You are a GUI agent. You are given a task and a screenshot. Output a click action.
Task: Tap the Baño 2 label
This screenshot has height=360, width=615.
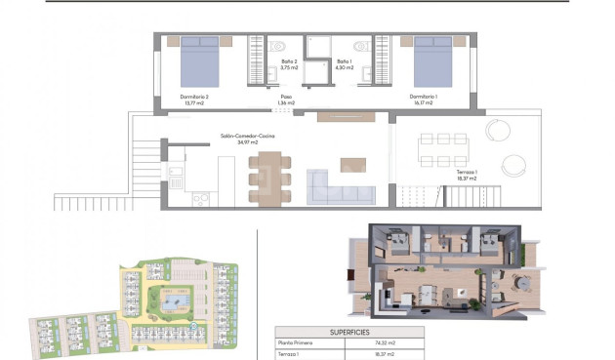coord(288,65)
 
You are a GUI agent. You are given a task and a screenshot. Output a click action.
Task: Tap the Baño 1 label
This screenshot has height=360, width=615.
coord(343,65)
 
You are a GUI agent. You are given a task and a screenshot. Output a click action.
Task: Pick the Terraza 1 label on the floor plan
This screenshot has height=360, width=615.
coord(467,175)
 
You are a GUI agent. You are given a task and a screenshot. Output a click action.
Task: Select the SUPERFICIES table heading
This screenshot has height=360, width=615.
coord(348,332)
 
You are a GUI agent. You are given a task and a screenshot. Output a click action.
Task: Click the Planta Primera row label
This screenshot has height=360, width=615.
coord(292,344)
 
